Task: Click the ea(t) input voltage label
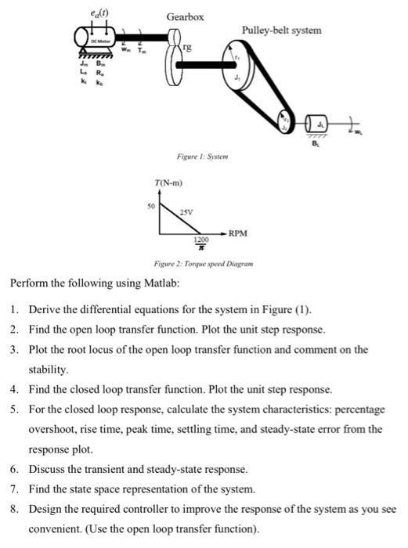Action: pyautogui.click(x=99, y=10)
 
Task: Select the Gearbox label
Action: pyautogui.click(x=186, y=16)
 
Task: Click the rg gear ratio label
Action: pyautogui.click(x=186, y=48)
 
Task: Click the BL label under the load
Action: pyautogui.click(x=317, y=143)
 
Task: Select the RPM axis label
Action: pyautogui.click(x=238, y=233)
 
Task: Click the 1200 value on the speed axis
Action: pyautogui.click(x=202, y=238)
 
